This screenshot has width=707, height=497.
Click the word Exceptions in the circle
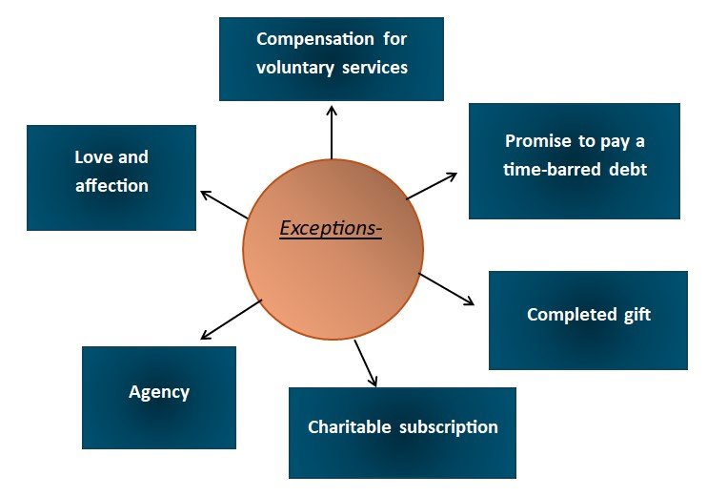(331, 229)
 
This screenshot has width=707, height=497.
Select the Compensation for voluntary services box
(332, 58)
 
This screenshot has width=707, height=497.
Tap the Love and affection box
(111, 177)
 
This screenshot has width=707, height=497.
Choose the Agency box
(159, 397)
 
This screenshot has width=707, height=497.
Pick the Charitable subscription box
(402, 432)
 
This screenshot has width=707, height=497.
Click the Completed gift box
(588, 321)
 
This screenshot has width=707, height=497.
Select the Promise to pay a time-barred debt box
(575, 161)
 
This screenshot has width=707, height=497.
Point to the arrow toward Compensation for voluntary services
(332, 131)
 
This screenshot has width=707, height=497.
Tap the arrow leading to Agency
(231, 320)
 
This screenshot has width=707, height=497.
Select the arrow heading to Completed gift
(446, 289)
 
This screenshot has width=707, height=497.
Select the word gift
(636, 314)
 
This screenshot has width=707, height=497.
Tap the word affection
(111, 185)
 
